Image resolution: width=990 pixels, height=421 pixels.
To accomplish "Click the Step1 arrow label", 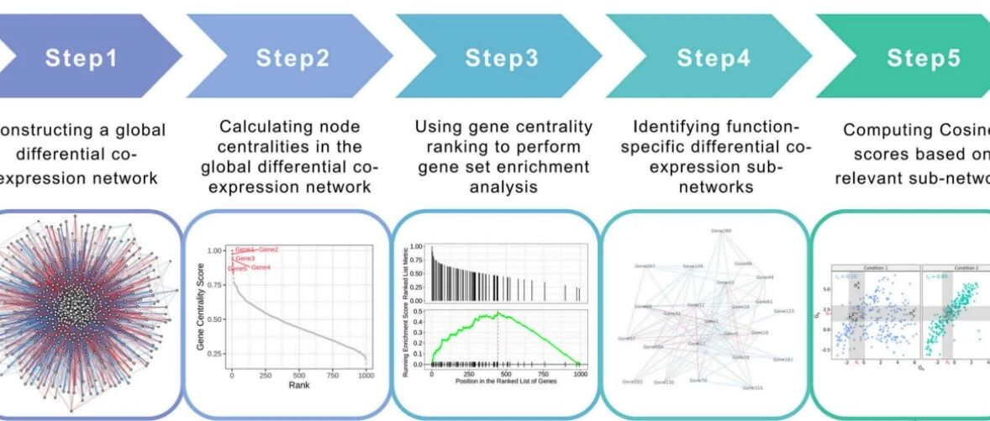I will [x=82, y=58].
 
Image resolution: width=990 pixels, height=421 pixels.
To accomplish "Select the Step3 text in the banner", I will [x=502, y=58].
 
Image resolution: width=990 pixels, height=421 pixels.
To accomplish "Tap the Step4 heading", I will [x=713, y=58].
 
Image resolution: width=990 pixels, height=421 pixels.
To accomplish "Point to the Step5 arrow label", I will [x=923, y=58].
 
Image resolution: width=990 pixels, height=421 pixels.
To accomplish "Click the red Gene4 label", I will [x=261, y=267].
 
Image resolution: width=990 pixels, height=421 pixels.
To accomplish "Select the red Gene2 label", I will [x=268, y=250].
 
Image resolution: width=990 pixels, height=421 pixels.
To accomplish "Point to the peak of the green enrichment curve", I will [x=498, y=313].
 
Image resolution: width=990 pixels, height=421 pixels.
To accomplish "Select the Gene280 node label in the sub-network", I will [x=721, y=230].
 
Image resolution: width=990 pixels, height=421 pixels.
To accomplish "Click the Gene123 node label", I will [x=783, y=311].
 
